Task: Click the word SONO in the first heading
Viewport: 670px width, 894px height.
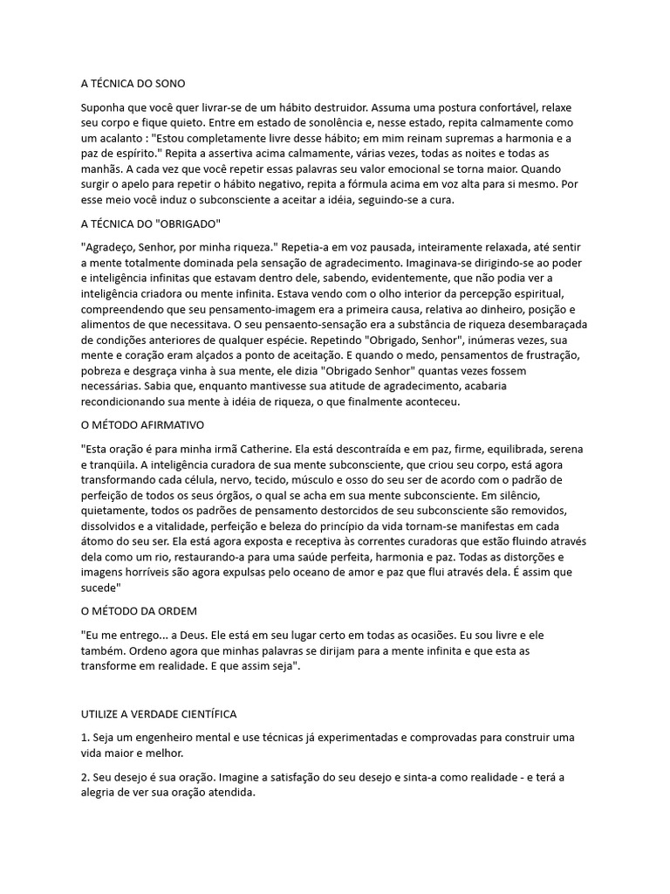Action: click(x=169, y=84)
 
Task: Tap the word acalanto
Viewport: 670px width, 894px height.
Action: click(x=120, y=139)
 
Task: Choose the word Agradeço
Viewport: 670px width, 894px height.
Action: click(x=110, y=248)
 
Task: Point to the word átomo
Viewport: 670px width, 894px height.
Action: click(x=99, y=542)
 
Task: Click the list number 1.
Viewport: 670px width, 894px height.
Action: click(x=84, y=738)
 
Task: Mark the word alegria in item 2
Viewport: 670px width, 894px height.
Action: click(x=100, y=793)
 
